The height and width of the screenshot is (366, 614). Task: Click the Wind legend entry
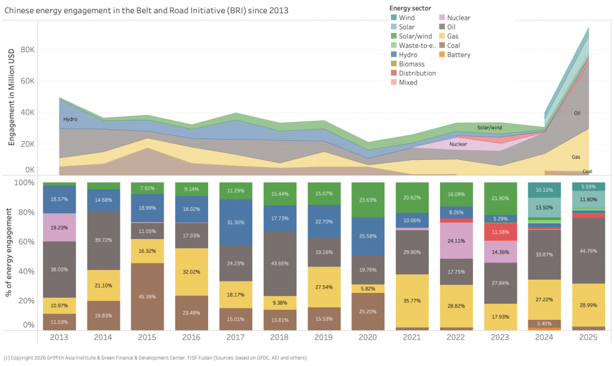407,18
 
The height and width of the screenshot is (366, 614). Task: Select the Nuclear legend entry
459,18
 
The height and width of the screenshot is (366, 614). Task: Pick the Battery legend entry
458,55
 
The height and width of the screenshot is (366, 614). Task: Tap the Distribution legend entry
416,73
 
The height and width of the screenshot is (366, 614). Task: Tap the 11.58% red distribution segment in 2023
500,232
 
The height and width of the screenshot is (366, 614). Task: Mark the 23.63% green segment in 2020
368,200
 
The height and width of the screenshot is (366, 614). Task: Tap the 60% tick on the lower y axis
26,241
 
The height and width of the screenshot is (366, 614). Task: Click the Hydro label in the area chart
71,120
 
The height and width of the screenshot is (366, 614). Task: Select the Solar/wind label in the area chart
489,128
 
